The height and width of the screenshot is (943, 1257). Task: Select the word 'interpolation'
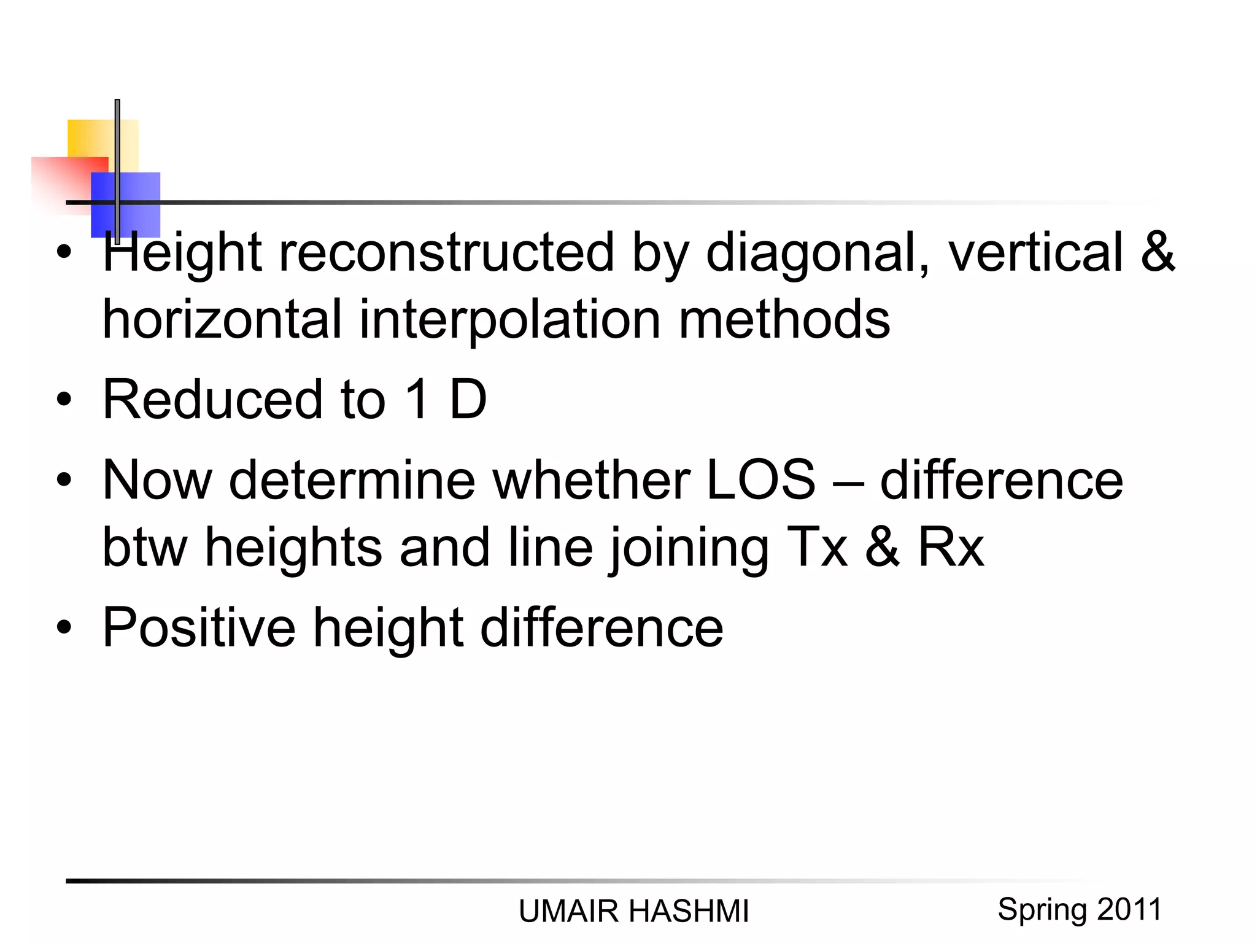point(509,319)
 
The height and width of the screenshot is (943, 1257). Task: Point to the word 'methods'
point(784,319)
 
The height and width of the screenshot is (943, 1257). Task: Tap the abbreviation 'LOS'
point(761,480)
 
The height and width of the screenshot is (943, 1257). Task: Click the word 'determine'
point(352,480)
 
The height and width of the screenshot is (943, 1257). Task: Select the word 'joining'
point(689,549)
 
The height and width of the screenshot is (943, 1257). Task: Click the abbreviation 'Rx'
point(951,548)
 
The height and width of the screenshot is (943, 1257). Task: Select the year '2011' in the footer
point(1131,909)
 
